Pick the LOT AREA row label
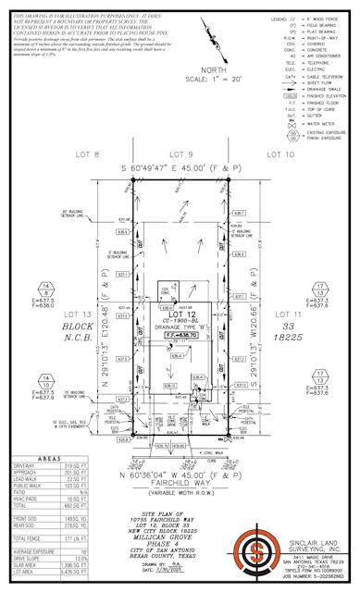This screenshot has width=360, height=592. click(24, 576)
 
